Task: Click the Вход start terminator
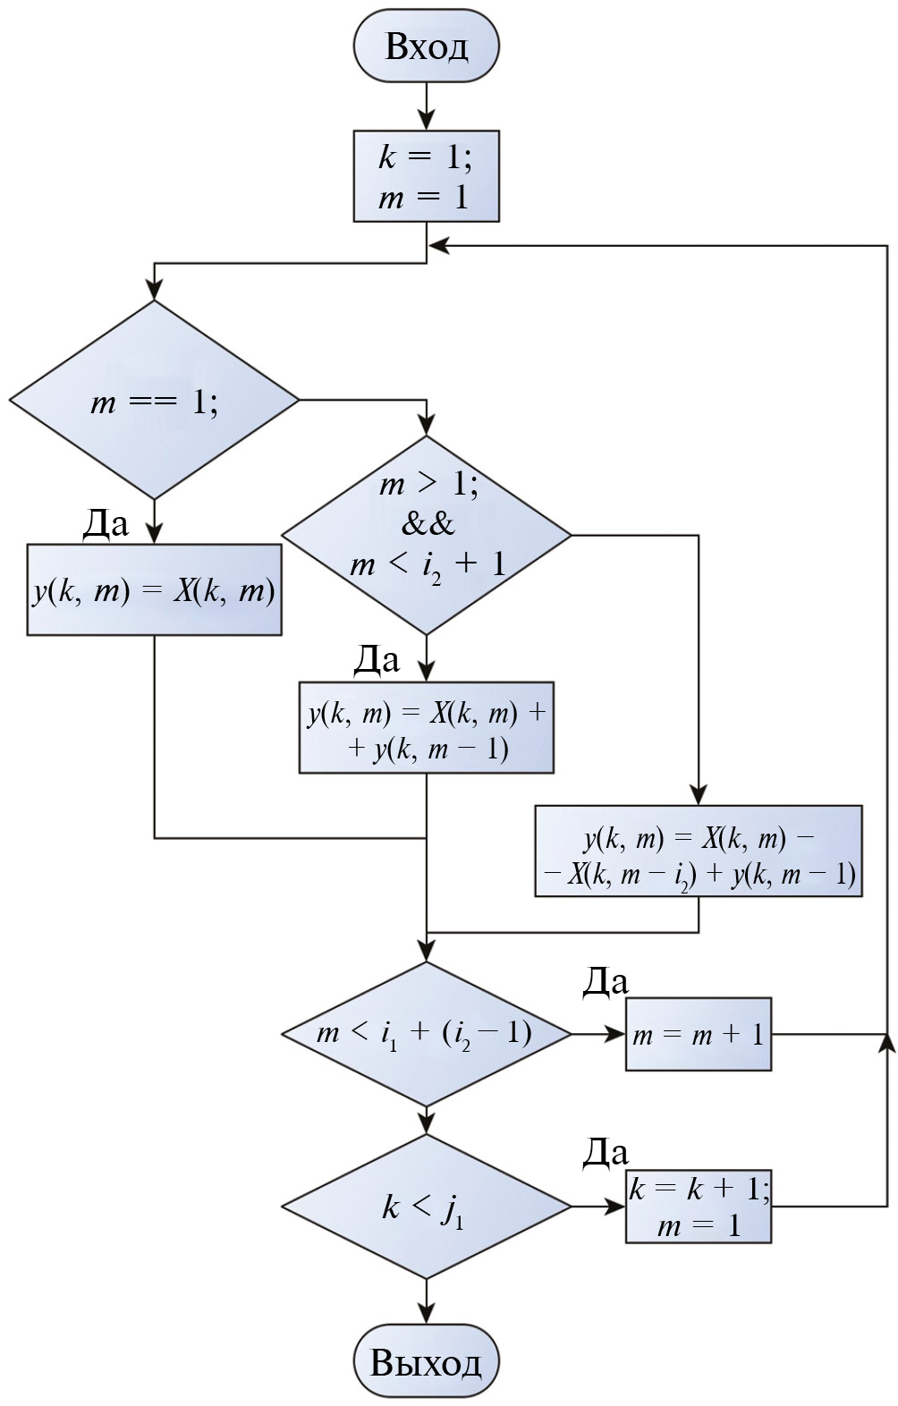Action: (x=426, y=47)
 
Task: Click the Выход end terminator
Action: (x=426, y=1361)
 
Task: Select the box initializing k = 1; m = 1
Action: (x=426, y=176)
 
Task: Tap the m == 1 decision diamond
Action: (x=154, y=400)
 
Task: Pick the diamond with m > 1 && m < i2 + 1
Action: (x=426, y=535)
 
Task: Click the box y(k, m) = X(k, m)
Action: (x=154, y=590)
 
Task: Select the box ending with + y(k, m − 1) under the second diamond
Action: (x=426, y=728)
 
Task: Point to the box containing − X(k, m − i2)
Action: (x=698, y=851)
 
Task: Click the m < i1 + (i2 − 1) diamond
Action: (x=426, y=1034)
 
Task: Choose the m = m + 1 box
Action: (x=698, y=1034)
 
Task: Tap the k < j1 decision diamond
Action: (x=426, y=1207)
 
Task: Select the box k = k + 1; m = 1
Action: (x=698, y=1207)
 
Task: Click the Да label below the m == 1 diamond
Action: (x=106, y=523)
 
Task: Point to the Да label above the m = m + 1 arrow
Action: (x=606, y=981)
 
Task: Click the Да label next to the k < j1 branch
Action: (x=606, y=1153)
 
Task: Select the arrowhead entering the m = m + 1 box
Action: (x=615, y=1034)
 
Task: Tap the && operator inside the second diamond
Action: (x=428, y=524)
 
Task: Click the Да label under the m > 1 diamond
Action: (x=377, y=660)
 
